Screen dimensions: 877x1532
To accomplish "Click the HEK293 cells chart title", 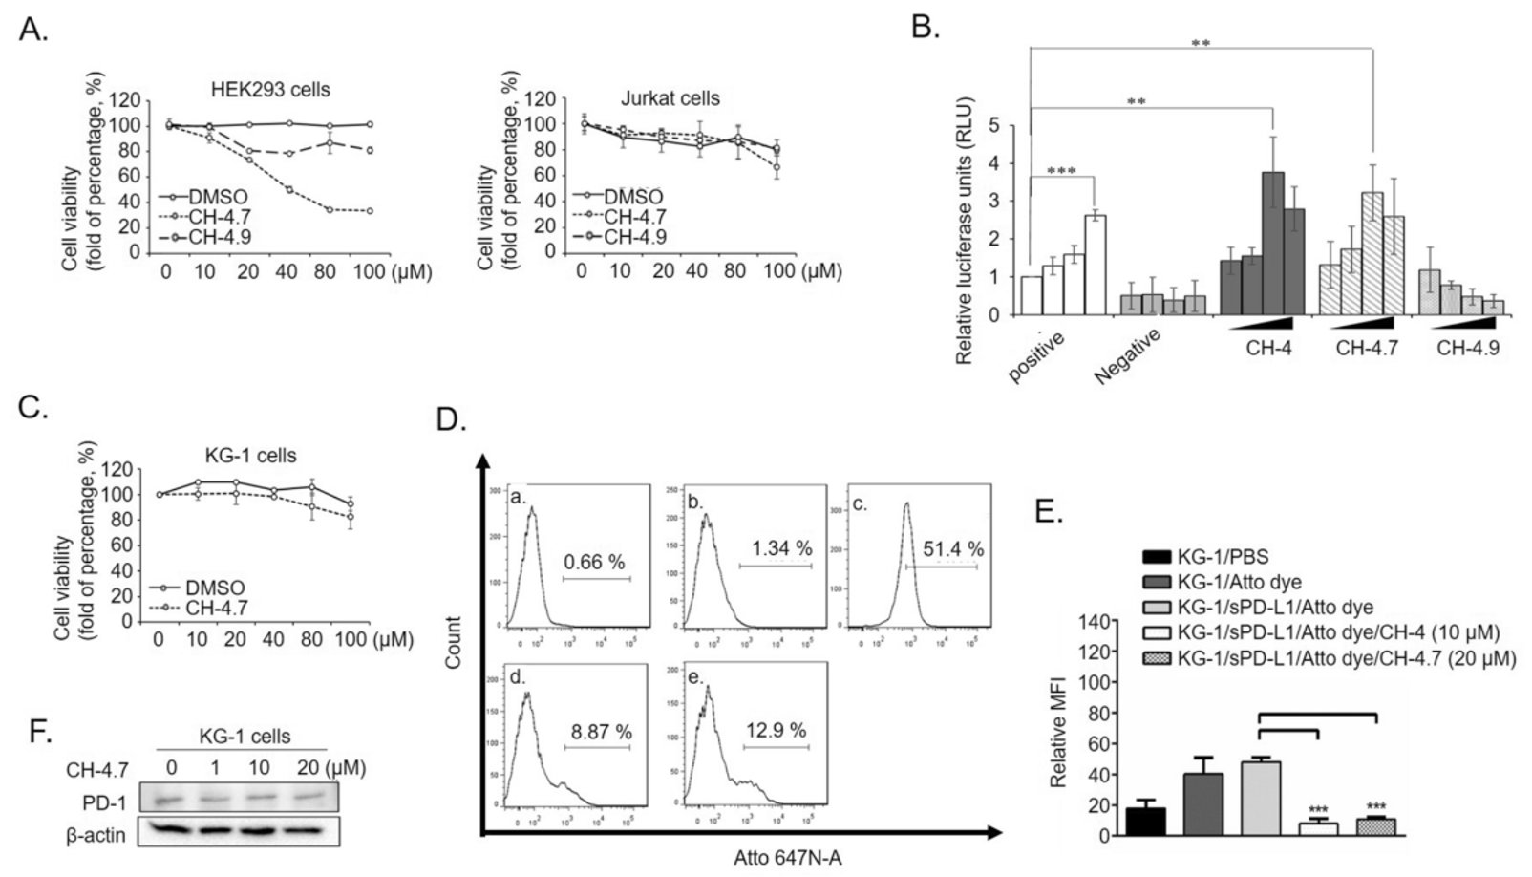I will click(x=270, y=90).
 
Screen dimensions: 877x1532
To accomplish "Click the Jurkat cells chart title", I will click(x=670, y=98).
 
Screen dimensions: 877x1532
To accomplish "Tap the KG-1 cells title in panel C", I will click(x=250, y=455).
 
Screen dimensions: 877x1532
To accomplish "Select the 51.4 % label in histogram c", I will click(x=953, y=548).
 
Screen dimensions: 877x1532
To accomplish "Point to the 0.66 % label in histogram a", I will click(x=594, y=562).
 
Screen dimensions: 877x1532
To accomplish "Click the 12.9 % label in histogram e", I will click(x=776, y=730).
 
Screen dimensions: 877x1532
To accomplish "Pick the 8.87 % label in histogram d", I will click(x=601, y=732).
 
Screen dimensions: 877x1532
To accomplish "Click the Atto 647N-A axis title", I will click(x=787, y=858).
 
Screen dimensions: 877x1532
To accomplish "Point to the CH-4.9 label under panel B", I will click(x=1467, y=348).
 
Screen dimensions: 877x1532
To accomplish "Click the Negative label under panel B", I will click(x=1127, y=355).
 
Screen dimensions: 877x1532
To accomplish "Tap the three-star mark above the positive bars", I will click(x=1061, y=172).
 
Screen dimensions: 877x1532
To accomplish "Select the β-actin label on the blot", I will click(x=96, y=835).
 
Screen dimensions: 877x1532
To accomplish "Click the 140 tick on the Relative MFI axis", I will click(x=1095, y=622).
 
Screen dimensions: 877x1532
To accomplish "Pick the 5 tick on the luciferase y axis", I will click(x=994, y=126).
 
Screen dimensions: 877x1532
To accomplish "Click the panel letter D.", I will click(x=451, y=419).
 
